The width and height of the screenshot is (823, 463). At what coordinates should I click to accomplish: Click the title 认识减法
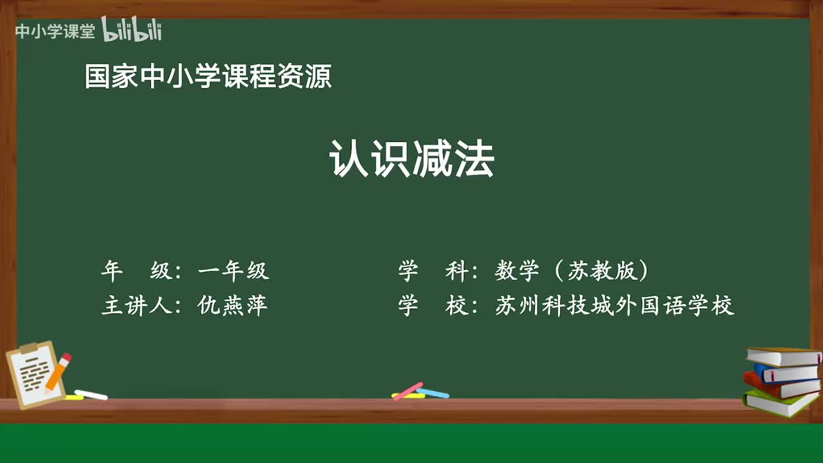[411, 160]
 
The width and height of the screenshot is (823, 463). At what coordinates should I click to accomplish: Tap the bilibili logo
[132, 30]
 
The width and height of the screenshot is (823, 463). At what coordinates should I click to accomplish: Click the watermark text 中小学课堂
[55, 31]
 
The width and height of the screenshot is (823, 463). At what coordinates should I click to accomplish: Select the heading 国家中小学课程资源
[208, 77]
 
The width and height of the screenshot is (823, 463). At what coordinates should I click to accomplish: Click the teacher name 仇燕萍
[233, 305]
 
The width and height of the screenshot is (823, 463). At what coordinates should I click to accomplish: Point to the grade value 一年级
[233, 271]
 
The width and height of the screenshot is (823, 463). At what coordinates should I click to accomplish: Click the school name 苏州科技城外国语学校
[614, 305]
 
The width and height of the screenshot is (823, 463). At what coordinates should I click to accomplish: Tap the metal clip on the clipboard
[29, 348]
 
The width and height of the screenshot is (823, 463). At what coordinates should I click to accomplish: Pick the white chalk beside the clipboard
[91, 394]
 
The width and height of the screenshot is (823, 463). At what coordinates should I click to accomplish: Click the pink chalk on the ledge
[408, 390]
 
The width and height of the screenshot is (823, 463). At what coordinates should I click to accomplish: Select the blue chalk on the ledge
[433, 393]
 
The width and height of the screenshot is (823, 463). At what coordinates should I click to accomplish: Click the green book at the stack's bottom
[778, 402]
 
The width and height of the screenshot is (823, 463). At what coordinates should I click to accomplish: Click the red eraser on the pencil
[66, 357]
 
